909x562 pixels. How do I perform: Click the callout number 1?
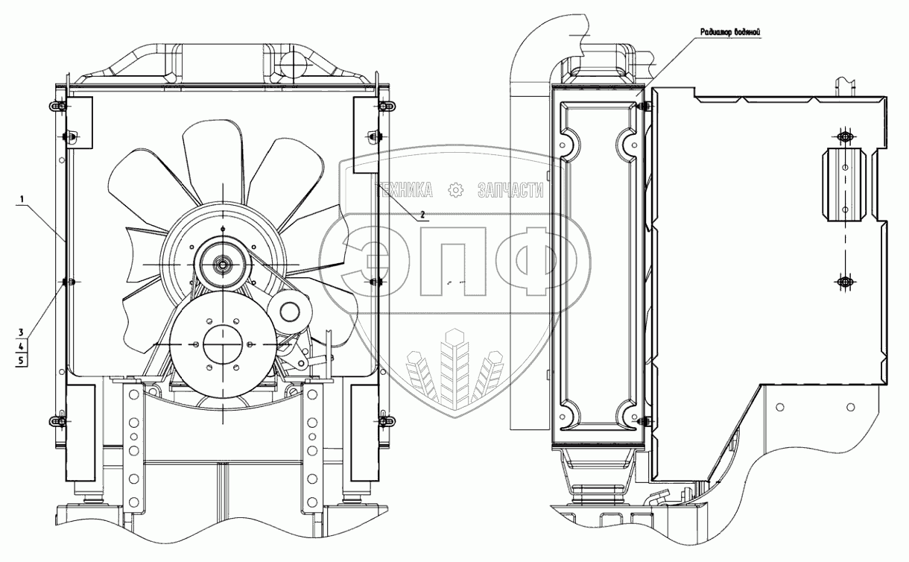point(23,199)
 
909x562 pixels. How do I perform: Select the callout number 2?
point(422,215)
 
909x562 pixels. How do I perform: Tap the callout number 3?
point(22,331)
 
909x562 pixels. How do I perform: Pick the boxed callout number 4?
point(22,346)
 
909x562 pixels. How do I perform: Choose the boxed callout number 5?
point(22,361)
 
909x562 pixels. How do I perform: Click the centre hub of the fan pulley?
point(221,264)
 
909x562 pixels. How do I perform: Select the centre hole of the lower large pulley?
point(221,344)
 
